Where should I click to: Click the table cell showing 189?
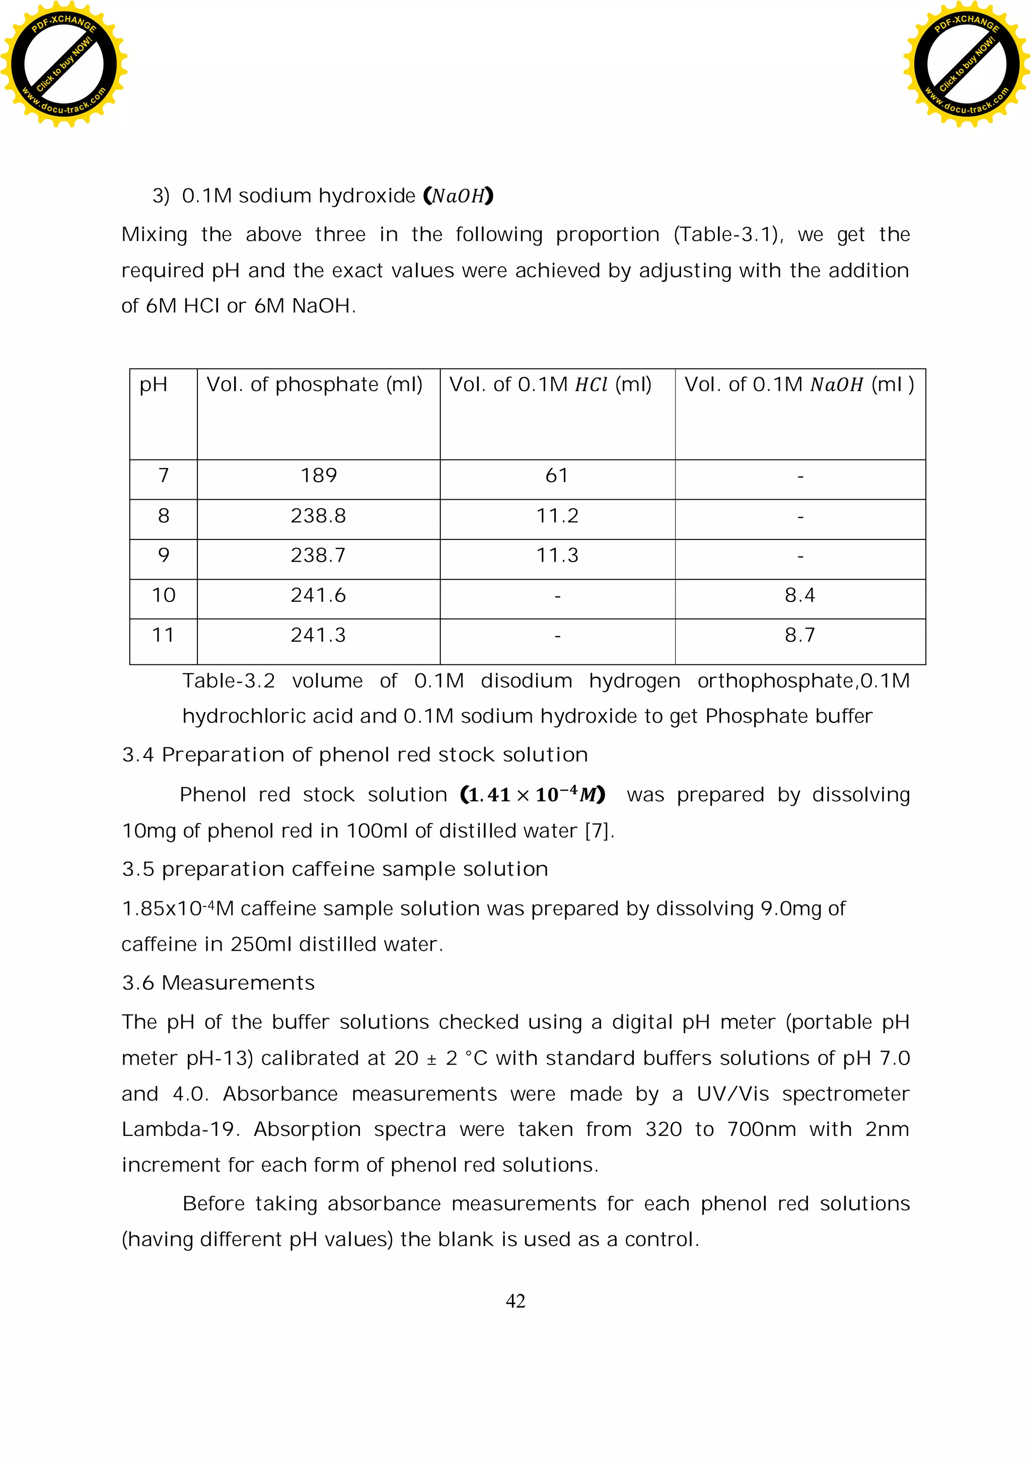[318, 476]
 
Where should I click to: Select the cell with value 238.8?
[318, 516]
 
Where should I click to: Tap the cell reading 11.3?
[557, 556]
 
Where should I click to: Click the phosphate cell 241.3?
[318, 636]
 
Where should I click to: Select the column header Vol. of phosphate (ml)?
[315, 385]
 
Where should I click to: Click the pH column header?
[154, 385]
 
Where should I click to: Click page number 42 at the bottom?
[515, 1301]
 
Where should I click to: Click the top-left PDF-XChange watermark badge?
[63, 63]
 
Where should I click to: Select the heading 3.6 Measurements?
[218, 983]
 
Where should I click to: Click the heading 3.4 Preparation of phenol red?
[354, 755]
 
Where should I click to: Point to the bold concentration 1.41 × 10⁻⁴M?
[532, 794]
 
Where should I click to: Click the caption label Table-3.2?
[229, 681]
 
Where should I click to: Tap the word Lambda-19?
[179, 1130]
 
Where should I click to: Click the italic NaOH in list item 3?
[458, 196]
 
